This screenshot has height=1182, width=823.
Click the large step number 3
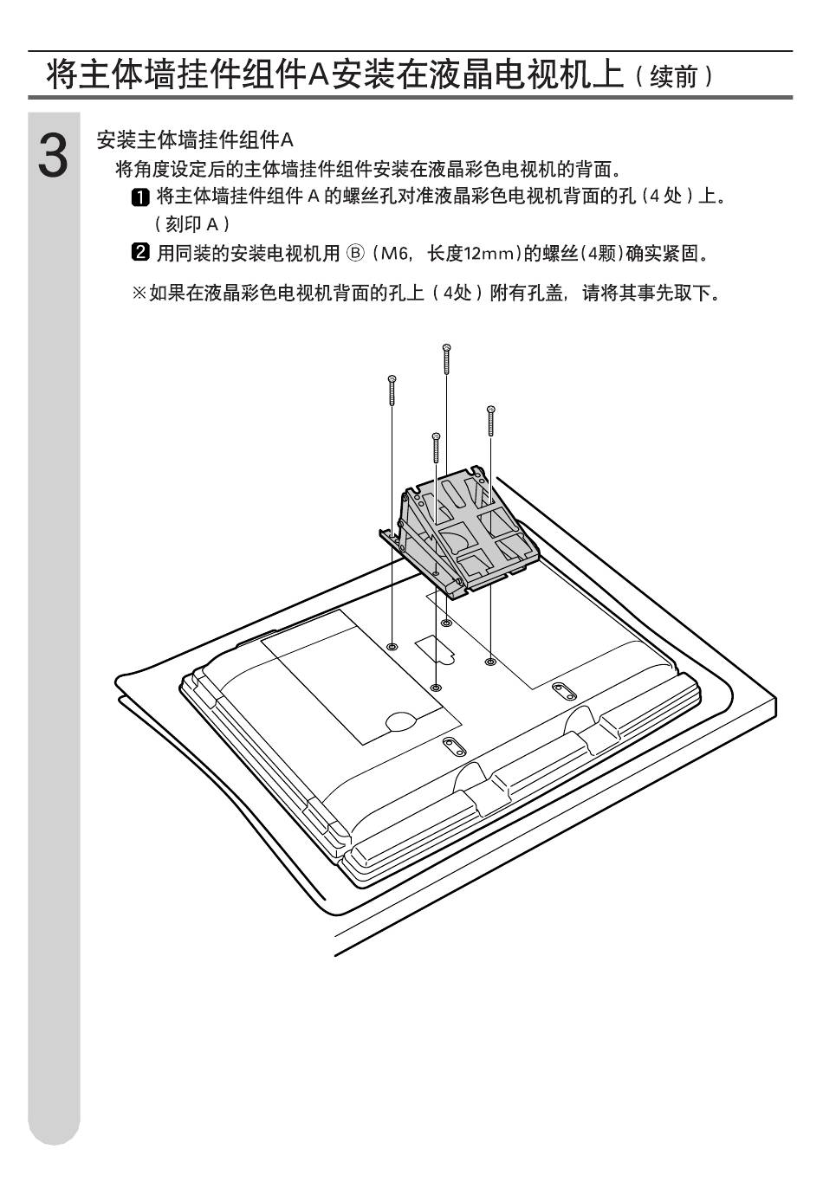pyautogui.click(x=54, y=157)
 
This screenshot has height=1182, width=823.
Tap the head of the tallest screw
pyautogui.click(x=446, y=348)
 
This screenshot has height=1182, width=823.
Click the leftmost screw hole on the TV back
pyautogui.click(x=392, y=646)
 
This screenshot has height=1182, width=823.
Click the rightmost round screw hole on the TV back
pyautogui.click(x=490, y=661)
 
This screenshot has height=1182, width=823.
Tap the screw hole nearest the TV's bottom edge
pyautogui.click(x=435, y=687)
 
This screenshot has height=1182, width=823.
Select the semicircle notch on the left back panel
pyautogui.click(x=400, y=717)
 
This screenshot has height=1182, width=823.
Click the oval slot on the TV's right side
pyautogui.click(x=562, y=689)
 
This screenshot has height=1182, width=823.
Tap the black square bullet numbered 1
pyautogui.click(x=139, y=197)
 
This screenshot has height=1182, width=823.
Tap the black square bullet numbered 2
pyautogui.click(x=139, y=254)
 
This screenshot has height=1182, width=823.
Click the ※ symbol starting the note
pyautogui.click(x=139, y=294)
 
